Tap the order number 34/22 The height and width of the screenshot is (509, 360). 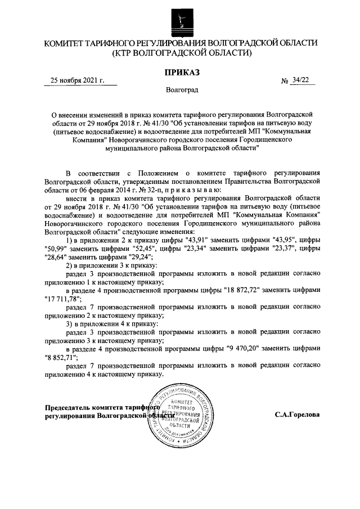[301, 80]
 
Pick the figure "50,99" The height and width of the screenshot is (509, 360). [58, 249]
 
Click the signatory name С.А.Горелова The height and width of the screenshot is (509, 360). [297, 415]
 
